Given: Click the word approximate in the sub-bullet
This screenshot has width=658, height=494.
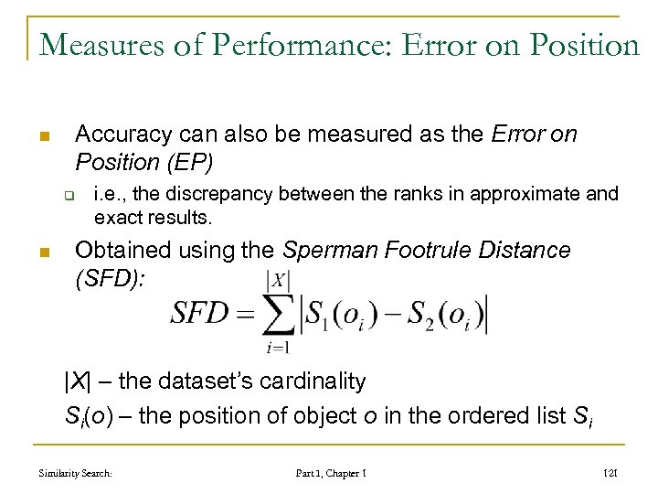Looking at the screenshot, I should click(x=534, y=194).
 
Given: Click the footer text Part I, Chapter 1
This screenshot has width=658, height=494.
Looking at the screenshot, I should click(x=330, y=473).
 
